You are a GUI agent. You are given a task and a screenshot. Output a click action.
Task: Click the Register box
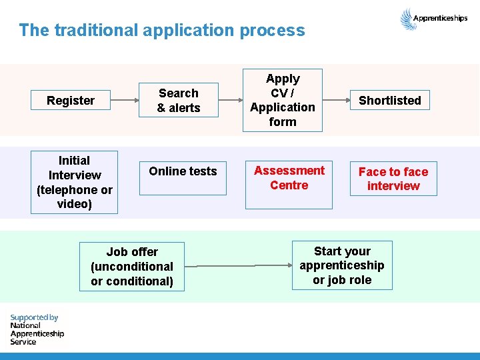coord(71,101)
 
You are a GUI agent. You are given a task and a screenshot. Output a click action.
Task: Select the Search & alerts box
coord(179,101)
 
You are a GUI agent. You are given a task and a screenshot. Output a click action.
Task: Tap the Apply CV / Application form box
coord(283,100)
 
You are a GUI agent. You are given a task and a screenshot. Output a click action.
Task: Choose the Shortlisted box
coord(390,101)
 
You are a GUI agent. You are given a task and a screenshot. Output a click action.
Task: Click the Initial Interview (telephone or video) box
coord(74,182)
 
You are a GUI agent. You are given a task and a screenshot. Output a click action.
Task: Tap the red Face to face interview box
coord(393,179)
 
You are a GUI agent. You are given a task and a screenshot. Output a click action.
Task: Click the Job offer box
coord(132,266)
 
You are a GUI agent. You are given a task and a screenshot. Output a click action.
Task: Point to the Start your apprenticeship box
coord(342,265)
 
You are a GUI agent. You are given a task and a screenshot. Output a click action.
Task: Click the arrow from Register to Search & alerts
coord(125,101)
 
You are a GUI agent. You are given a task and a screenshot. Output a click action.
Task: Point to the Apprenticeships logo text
coord(440,19)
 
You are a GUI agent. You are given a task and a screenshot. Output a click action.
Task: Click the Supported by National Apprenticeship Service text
coord(37,329)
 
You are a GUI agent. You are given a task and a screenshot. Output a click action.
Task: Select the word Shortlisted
coord(390,101)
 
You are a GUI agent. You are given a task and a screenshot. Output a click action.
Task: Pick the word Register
coord(71,101)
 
